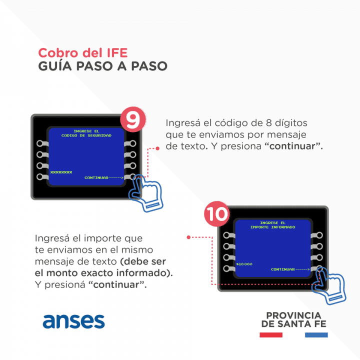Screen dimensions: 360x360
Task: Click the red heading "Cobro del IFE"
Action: pyautogui.click(x=82, y=53)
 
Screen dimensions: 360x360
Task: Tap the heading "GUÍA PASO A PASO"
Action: pyautogui.click(x=102, y=66)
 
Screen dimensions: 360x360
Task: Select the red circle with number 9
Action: pyautogui.click(x=133, y=119)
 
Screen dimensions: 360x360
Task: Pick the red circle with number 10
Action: pyautogui.click(x=216, y=214)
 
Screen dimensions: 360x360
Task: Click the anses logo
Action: pyautogui.click(x=73, y=321)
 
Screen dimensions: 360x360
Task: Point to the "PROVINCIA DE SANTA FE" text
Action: pyautogui.click(x=294, y=319)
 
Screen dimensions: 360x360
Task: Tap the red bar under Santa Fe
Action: pyautogui.click(x=271, y=335)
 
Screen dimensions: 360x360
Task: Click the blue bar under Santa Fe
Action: pyautogui.click(x=316, y=335)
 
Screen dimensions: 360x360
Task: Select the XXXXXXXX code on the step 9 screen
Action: pyautogui.click(x=61, y=172)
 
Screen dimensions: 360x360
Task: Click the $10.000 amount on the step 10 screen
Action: pyautogui.click(x=244, y=264)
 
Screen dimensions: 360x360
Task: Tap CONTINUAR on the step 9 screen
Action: pyautogui.click(x=96, y=177)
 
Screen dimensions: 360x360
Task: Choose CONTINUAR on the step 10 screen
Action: pyautogui.click(x=283, y=269)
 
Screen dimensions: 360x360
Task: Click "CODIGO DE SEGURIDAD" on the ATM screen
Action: pyautogui.click(x=86, y=135)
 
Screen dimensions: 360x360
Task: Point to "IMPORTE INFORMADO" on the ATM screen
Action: pyautogui.click(x=273, y=227)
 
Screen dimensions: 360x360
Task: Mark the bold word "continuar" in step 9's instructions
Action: pyautogui.click(x=292, y=146)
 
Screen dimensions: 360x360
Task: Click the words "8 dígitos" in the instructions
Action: pyautogui.click(x=286, y=123)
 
